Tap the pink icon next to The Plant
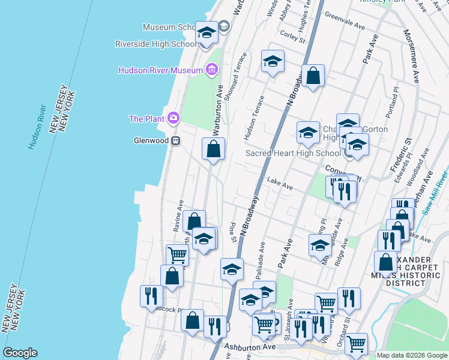coord(174,118)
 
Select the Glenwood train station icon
coord(176,141)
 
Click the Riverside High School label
coord(156,44)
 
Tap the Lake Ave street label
coord(280,184)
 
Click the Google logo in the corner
coord(20,353)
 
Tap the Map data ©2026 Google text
coord(412,355)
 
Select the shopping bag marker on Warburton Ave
coord(213,150)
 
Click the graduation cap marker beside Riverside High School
coord(206,34)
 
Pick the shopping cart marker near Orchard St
coord(356,344)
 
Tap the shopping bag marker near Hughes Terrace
coord(313,77)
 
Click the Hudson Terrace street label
coord(253,118)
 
